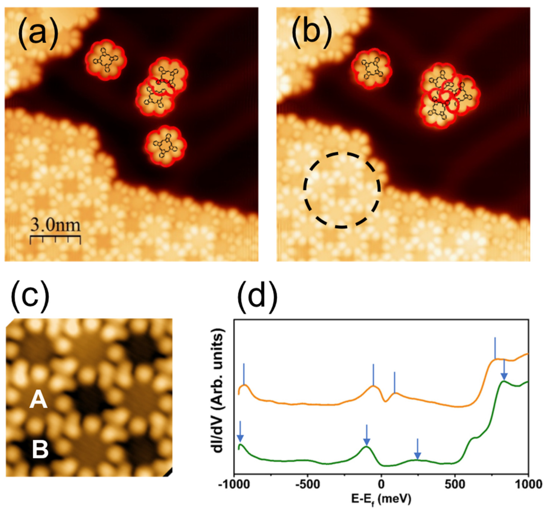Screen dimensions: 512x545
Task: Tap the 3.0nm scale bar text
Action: click(55, 226)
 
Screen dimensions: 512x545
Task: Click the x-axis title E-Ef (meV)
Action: click(381, 498)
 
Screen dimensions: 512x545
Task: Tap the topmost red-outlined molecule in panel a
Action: click(105, 60)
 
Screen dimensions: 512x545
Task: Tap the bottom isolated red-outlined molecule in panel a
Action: click(166, 146)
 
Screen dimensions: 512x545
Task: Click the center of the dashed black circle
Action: click(342, 190)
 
